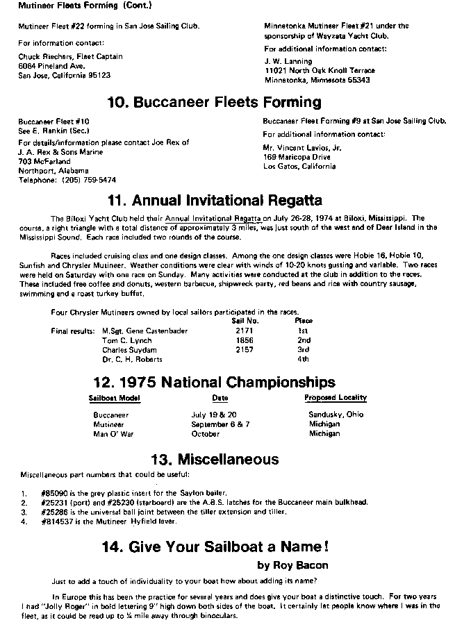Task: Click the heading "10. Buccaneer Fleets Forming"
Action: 215,103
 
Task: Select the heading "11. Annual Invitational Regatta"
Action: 215,201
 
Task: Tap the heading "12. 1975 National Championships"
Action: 215,382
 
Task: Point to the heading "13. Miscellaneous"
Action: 215,459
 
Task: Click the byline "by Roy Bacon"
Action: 293,565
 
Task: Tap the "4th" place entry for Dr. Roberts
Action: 304,360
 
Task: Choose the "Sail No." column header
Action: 245,321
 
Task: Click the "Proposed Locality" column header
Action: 336,398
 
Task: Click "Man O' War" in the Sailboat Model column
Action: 113,434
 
